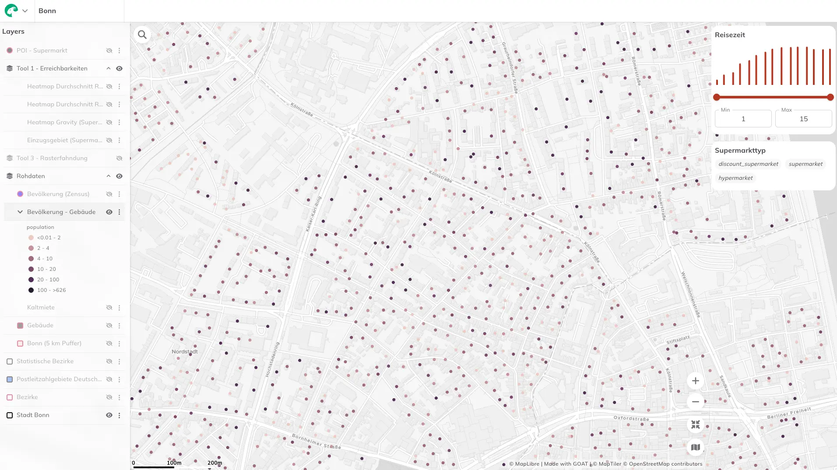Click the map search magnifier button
click(142, 35)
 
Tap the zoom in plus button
click(695, 381)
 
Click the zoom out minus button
click(695, 402)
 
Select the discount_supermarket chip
click(748, 164)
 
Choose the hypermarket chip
click(735, 178)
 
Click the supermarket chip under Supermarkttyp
click(805, 164)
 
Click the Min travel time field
click(743, 119)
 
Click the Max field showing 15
click(803, 119)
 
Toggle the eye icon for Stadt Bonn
click(109, 415)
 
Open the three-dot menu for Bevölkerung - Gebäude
click(119, 212)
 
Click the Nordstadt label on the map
click(184, 351)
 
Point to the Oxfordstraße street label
click(631, 418)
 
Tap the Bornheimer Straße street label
click(316, 442)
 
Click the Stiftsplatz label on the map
click(678, 340)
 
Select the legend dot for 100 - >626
click(31, 290)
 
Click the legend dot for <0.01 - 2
click(31, 238)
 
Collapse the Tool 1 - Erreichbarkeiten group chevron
click(108, 69)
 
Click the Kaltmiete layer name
click(41, 308)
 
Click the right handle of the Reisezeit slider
click(830, 97)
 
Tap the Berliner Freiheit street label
click(789, 413)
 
